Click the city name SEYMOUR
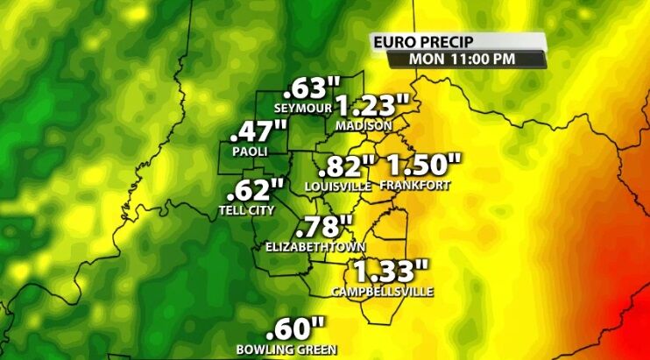(x=304, y=109)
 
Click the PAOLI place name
(x=249, y=152)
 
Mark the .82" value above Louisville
(x=347, y=166)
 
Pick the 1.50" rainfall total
(x=423, y=164)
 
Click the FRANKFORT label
(x=415, y=186)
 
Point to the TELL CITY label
(x=247, y=210)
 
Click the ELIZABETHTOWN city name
(x=315, y=248)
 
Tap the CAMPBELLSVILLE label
(x=382, y=291)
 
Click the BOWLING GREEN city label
(x=286, y=350)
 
